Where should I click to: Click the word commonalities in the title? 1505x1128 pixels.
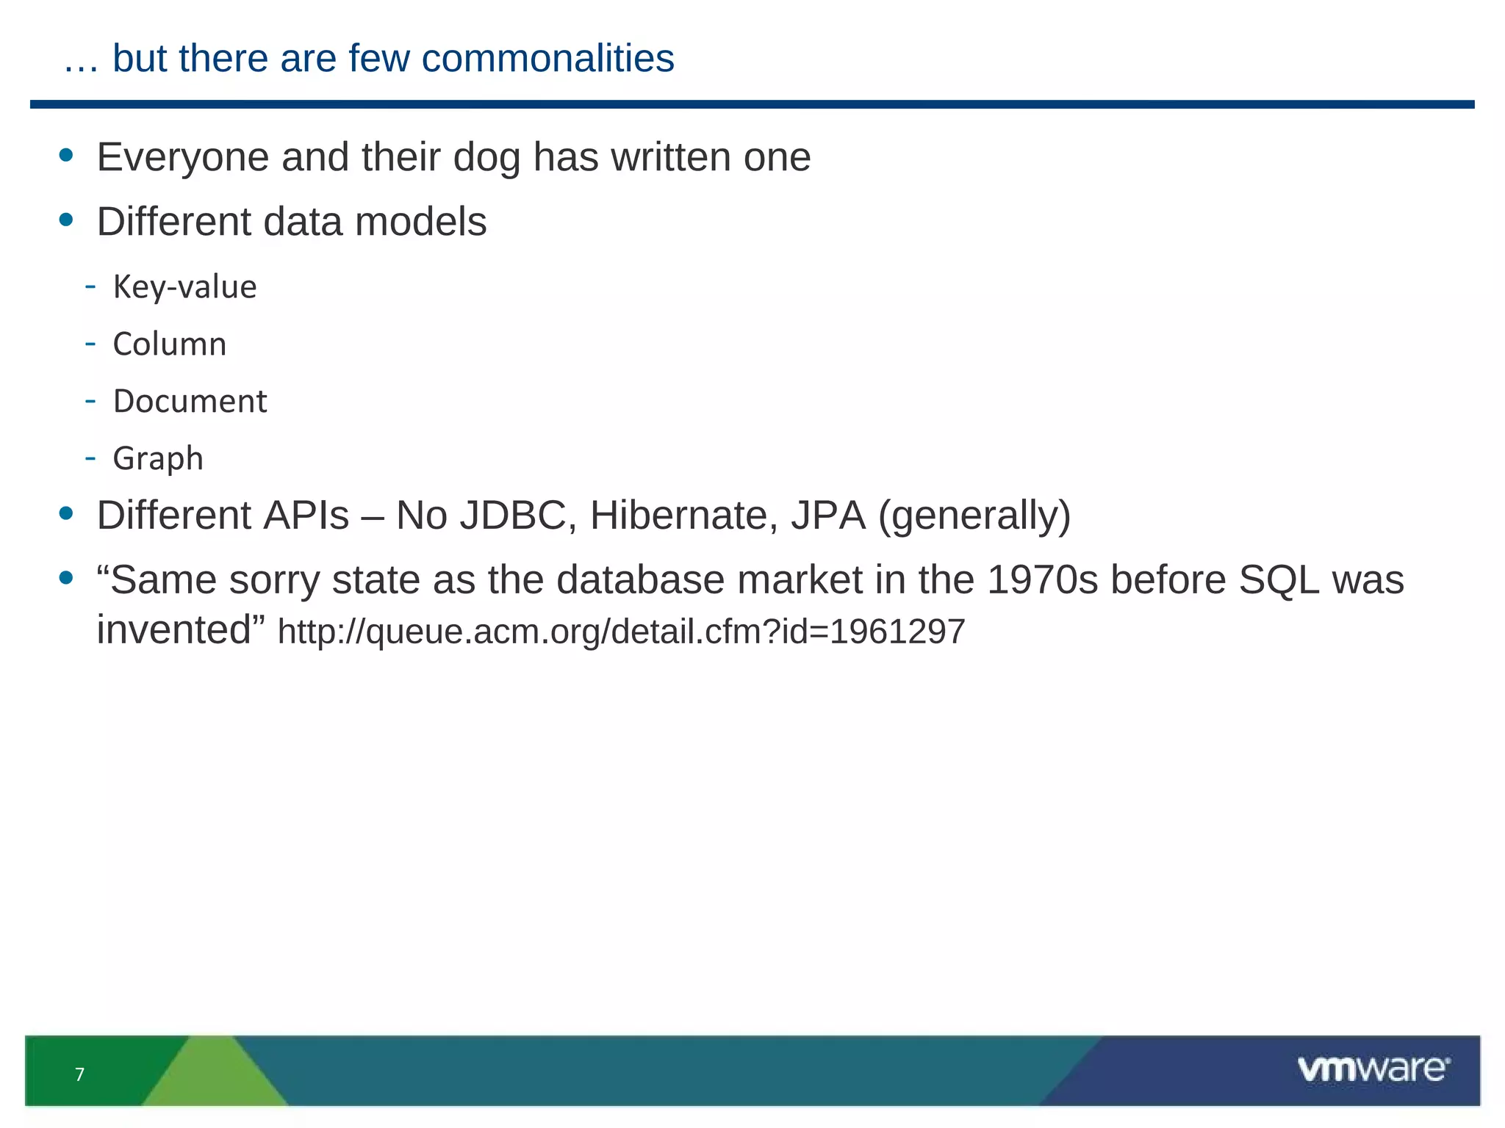[x=547, y=59]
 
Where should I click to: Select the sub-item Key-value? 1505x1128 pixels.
[x=184, y=287]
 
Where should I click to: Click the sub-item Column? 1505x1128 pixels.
[x=170, y=344]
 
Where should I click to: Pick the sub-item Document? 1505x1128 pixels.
[x=190, y=402]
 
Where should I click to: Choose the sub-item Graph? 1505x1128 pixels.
[x=158, y=459]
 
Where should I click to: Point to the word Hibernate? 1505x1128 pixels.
[x=683, y=516]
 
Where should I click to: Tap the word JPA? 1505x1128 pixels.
[x=828, y=516]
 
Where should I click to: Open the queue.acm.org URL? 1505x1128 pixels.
[x=621, y=632]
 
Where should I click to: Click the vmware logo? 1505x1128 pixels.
[x=1373, y=1069]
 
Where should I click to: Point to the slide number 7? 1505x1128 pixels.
[x=80, y=1075]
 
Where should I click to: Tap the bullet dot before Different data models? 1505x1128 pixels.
[x=66, y=220]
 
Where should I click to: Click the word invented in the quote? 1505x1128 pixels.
[x=175, y=631]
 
